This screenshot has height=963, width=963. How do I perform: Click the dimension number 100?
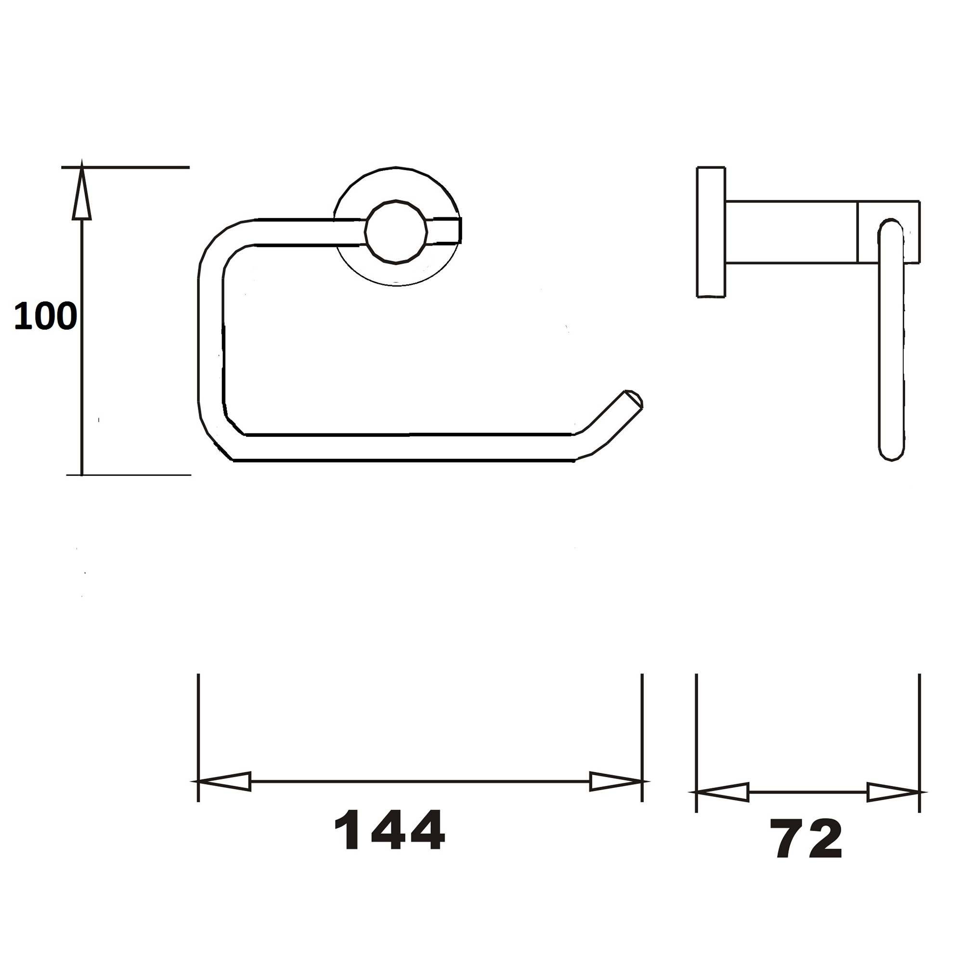pyautogui.click(x=45, y=316)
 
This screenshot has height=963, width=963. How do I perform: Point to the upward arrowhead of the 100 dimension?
pyautogui.click(x=82, y=195)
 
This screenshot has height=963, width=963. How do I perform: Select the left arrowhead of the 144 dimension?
pyautogui.click(x=224, y=781)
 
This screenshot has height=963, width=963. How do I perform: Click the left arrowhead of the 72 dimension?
pyautogui.click(x=723, y=792)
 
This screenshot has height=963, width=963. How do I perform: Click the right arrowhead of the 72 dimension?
pyautogui.click(x=892, y=792)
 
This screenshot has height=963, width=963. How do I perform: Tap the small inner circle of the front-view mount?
pyautogui.click(x=396, y=232)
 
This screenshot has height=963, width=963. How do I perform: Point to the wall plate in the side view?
pyautogui.click(x=711, y=232)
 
